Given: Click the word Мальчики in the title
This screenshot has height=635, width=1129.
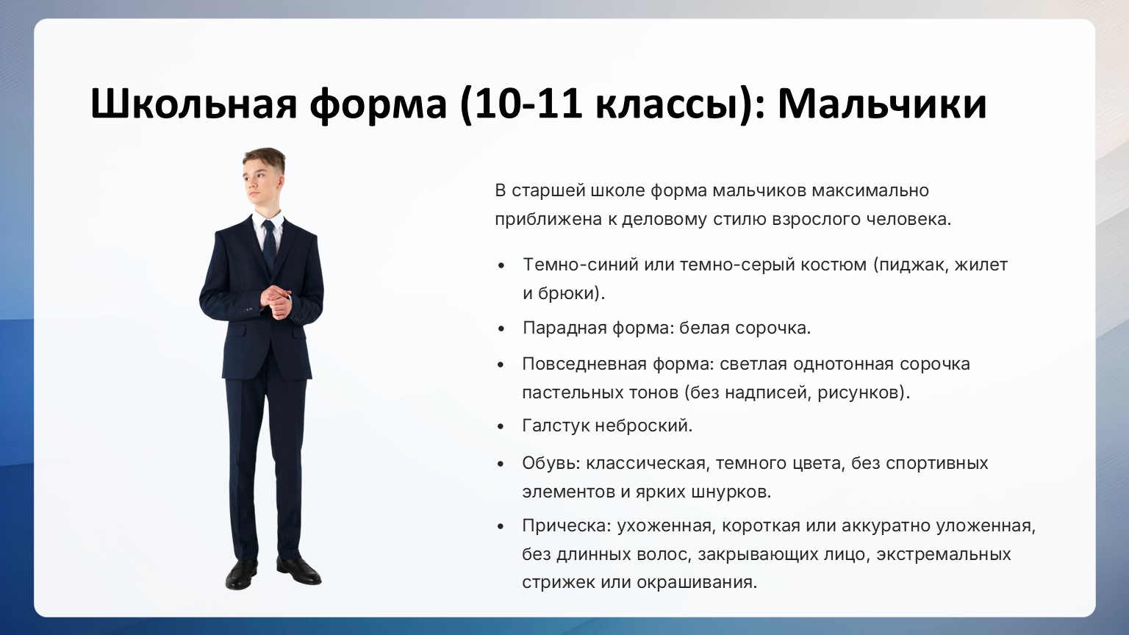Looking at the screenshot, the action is (x=881, y=104).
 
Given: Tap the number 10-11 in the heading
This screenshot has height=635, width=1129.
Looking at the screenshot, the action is (x=528, y=104).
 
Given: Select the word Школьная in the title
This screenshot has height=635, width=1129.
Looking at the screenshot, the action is (x=193, y=104).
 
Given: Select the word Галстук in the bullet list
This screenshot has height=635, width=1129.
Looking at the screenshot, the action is (x=556, y=426).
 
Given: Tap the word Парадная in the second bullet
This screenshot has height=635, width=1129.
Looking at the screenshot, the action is (x=564, y=329).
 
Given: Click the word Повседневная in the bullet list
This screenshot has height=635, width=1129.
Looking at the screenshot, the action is (x=584, y=365).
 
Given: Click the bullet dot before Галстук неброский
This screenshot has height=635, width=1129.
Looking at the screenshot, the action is (x=501, y=427).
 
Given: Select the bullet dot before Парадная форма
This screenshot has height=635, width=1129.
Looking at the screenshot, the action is (x=501, y=329).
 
